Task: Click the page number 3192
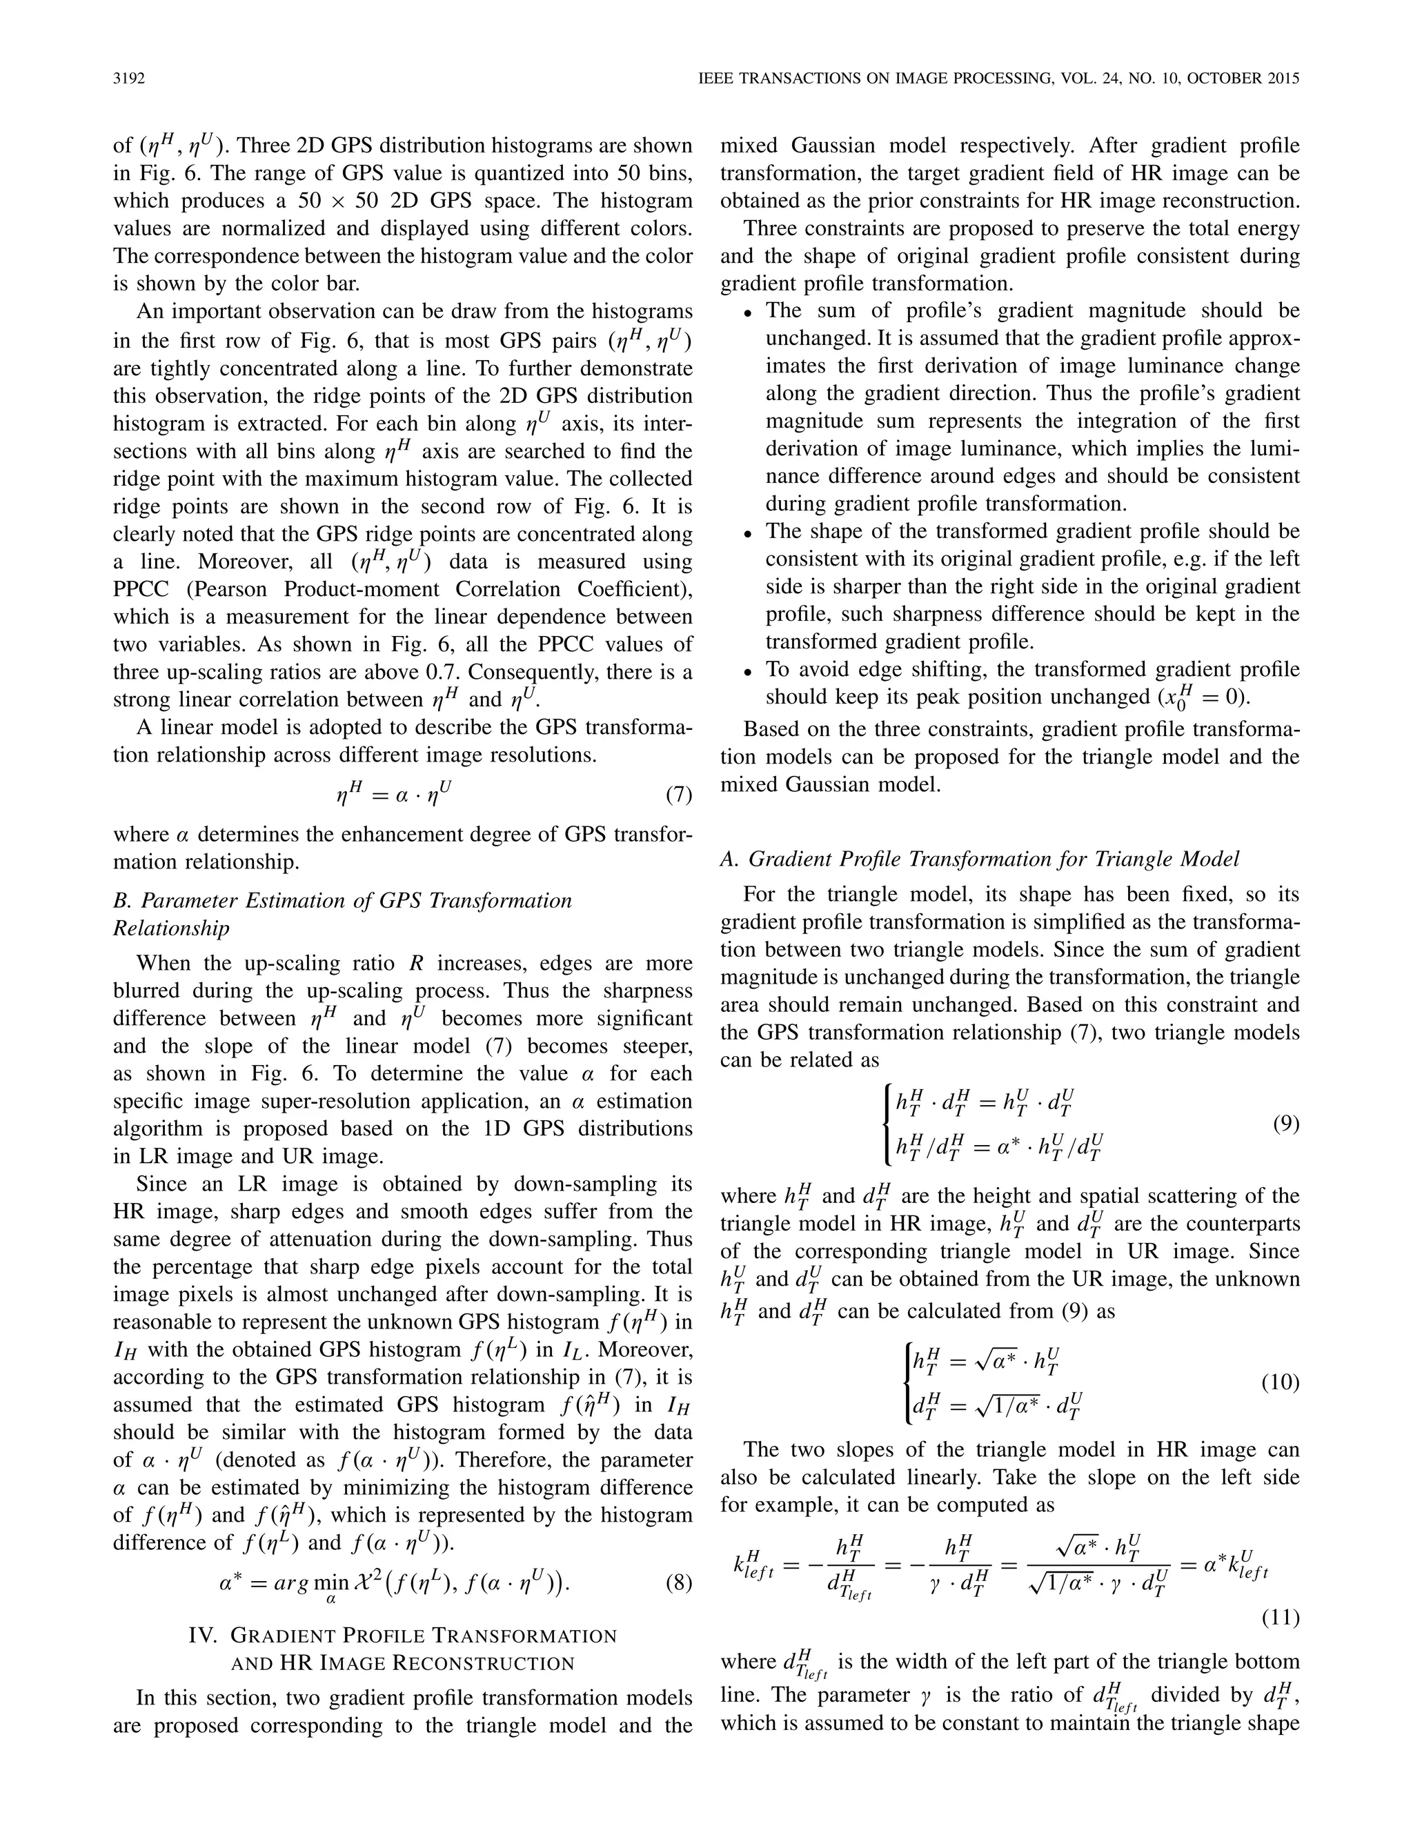click(129, 79)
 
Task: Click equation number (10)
click(1280, 1382)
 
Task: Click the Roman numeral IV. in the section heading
click(205, 1636)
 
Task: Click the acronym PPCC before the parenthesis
click(142, 589)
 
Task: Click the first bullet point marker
click(749, 313)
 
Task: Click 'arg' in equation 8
click(286, 1582)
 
